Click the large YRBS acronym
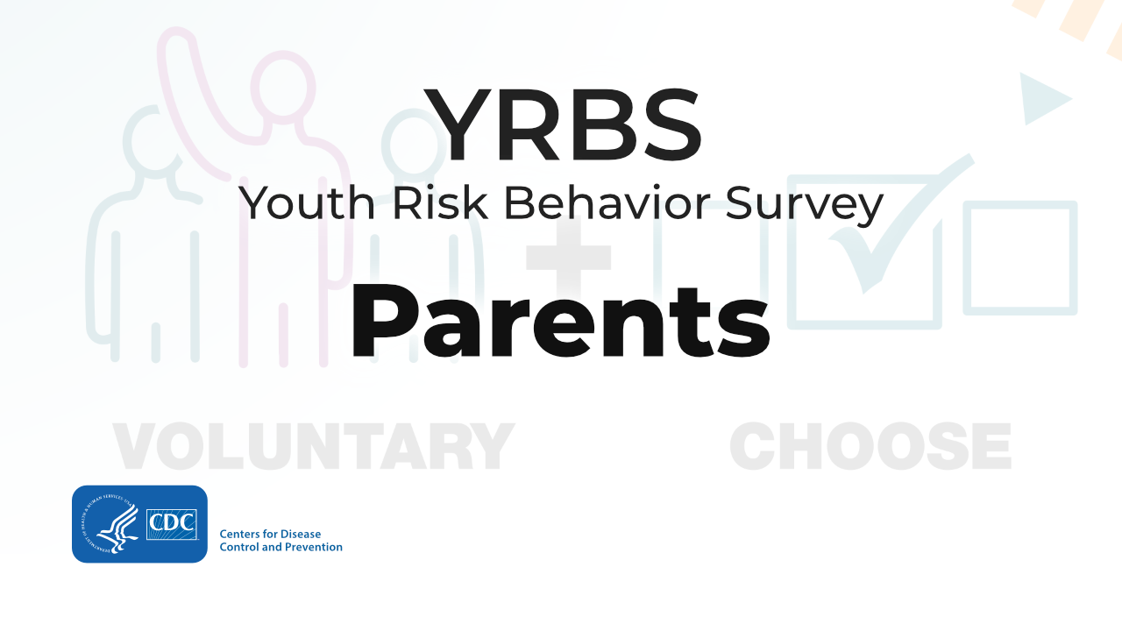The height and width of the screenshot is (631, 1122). point(563,124)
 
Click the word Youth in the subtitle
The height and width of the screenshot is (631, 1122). point(307,203)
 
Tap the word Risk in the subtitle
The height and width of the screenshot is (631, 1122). point(440,202)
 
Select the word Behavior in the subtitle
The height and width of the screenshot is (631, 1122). point(607,202)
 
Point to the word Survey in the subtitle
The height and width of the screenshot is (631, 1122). point(804,206)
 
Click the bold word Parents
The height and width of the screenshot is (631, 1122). point(560,322)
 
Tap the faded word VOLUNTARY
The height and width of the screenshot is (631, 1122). point(314,446)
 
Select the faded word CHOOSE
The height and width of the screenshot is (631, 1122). point(870,446)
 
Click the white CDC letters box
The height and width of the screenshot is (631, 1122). point(172,524)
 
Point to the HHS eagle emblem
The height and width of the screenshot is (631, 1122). point(110,524)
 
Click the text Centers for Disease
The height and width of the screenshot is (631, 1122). point(270,534)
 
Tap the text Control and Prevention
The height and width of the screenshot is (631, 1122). point(281,547)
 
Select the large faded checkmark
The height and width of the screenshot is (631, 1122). point(897,225)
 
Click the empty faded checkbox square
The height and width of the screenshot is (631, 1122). point(1020,258)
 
